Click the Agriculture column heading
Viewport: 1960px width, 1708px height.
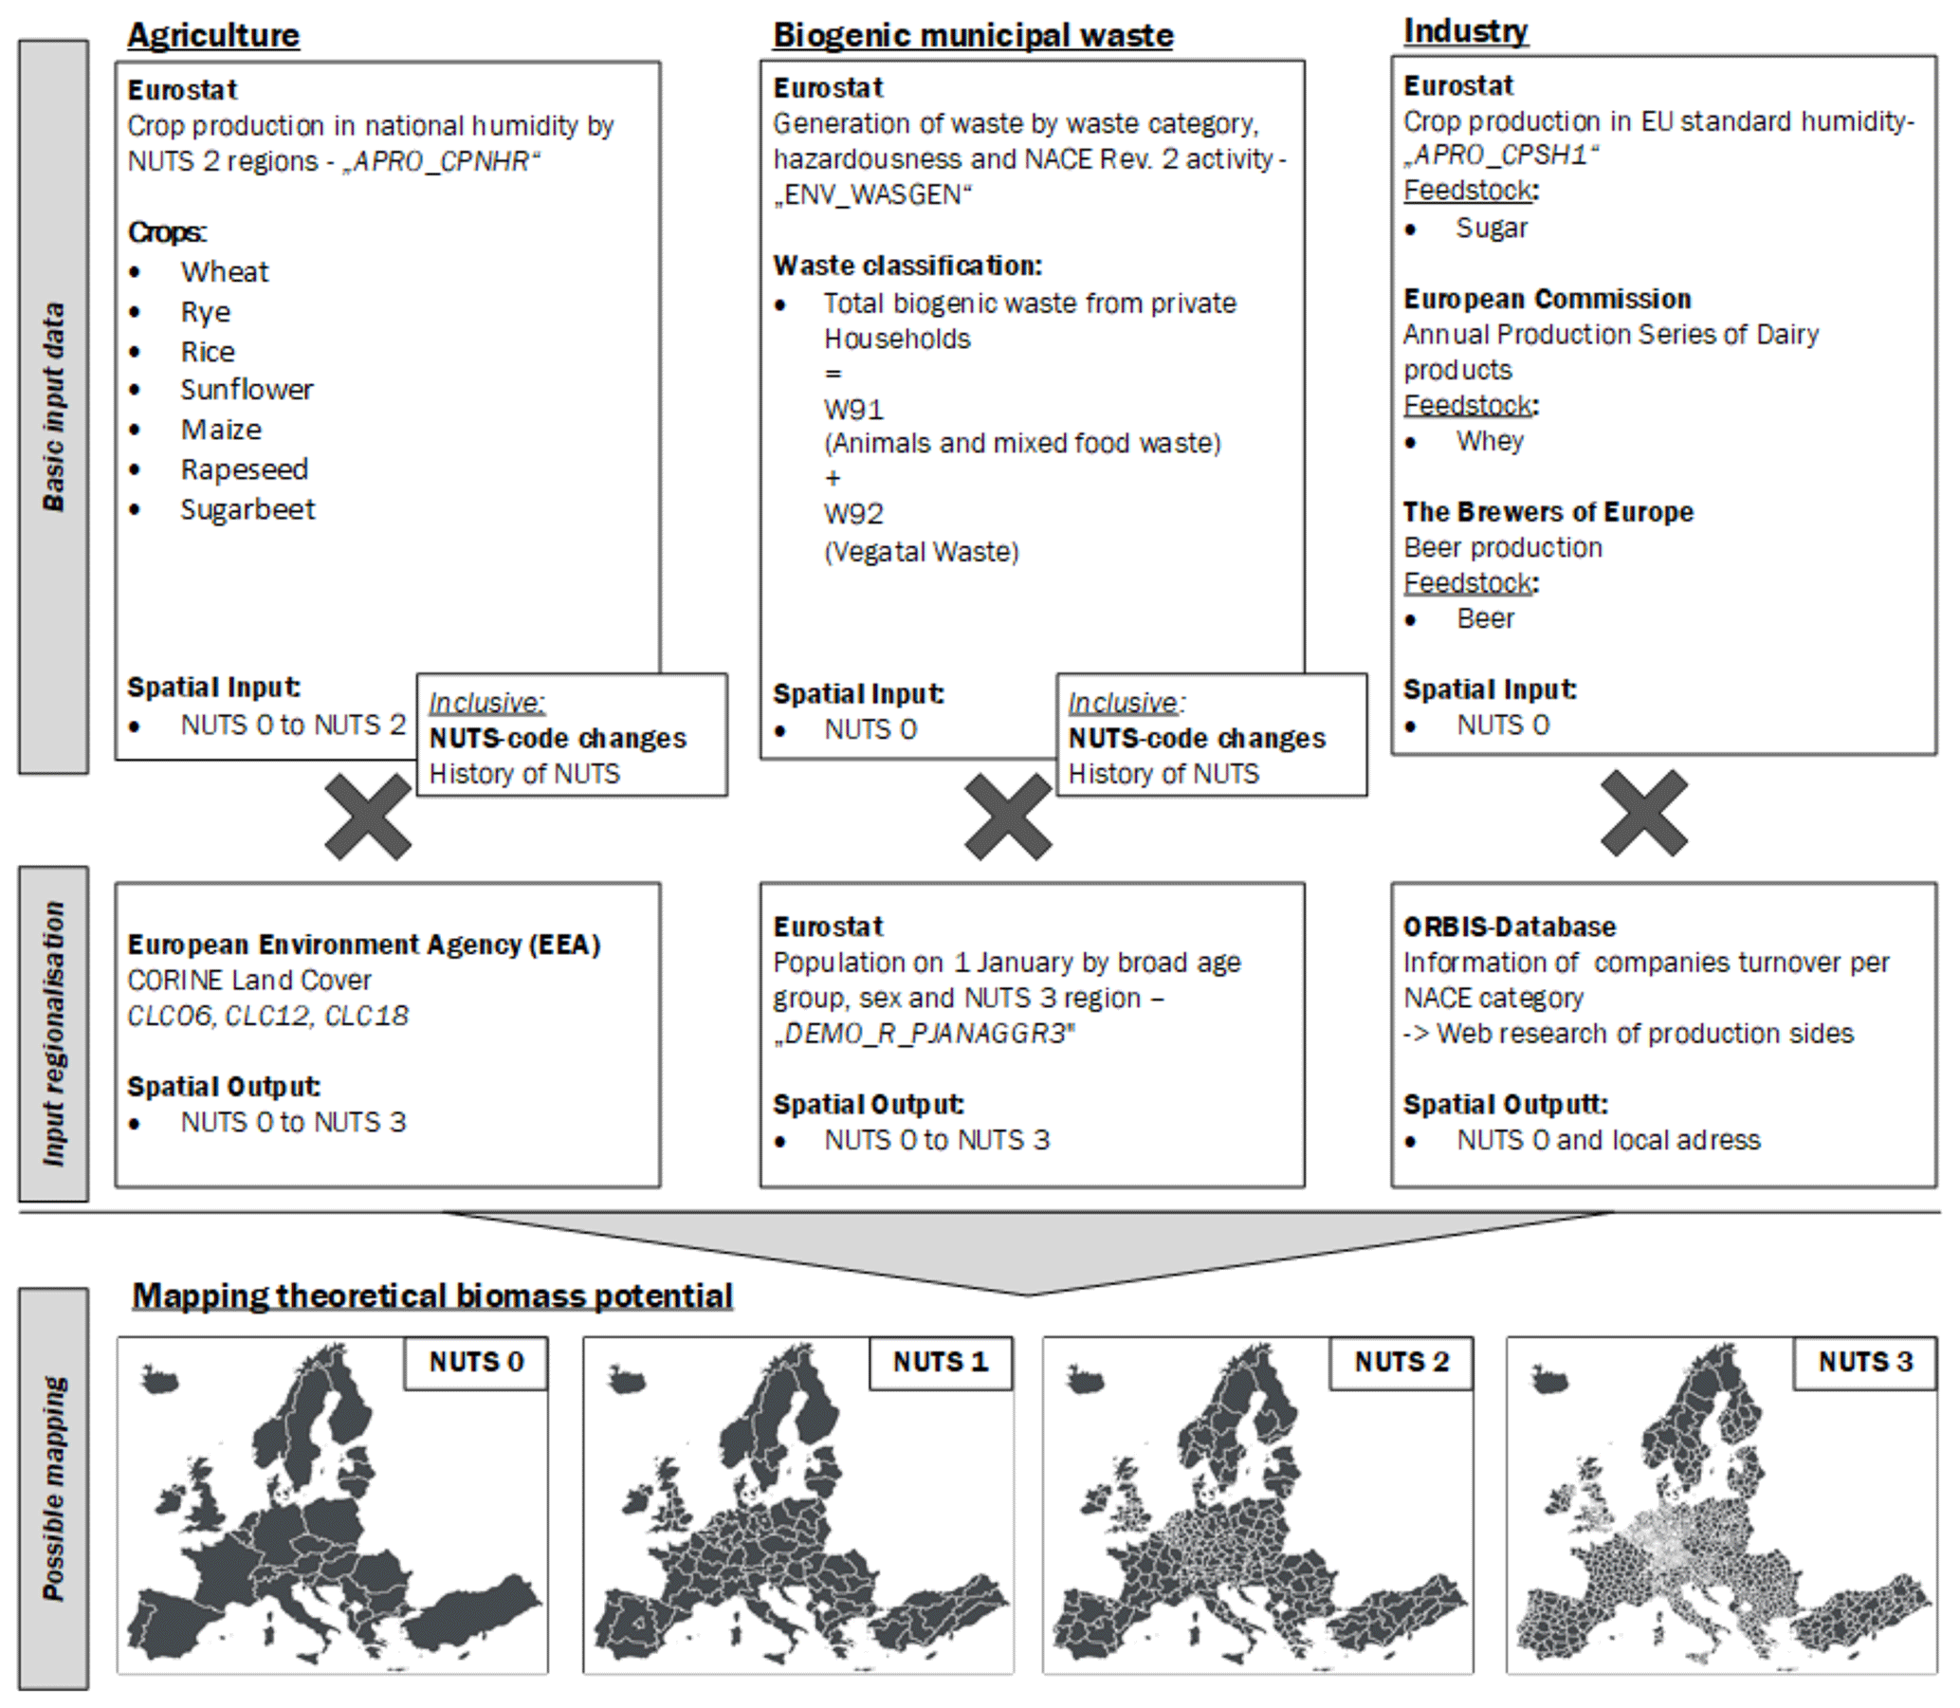pos(213,35)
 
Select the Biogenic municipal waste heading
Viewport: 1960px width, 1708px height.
pos(972,35)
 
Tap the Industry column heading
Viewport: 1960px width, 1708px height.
pos(1464,31)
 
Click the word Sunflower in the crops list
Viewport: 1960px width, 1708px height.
pos(247,390)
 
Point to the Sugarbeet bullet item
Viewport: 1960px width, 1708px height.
pos(247,510)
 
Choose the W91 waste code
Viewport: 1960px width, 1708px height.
pos(853,410)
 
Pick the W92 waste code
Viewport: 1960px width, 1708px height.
pos(853,515)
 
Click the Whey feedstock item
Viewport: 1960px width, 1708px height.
pos(1490,441)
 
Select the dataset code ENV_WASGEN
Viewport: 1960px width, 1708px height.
pos(872,195)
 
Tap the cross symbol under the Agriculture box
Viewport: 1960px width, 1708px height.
pos(368,817)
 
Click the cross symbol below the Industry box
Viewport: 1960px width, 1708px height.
pos(1643,813)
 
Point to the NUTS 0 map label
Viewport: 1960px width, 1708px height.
pos(476,1362)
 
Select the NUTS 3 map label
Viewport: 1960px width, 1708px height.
pos(1865,1362)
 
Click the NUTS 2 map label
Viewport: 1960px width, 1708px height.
pos(1401,1362)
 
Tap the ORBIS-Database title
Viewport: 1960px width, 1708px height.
pos(1510,927)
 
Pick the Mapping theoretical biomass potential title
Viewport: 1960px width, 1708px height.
pos(432,1296)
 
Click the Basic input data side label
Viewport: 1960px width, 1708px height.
pos(54,407)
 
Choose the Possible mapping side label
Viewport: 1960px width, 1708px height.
pos(54,1488)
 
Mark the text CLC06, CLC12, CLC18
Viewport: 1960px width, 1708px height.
pos(267,1016)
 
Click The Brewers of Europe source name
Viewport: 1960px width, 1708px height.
pos(1548,513)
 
